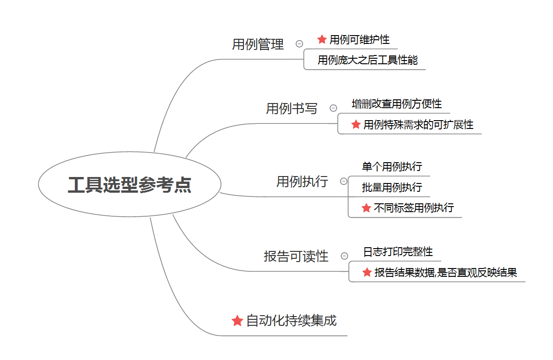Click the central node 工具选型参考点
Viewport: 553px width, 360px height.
[129, 185]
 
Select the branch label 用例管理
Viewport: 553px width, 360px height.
[258, 44]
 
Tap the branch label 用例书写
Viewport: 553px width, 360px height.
[292, 109]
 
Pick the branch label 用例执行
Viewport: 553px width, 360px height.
[302, 181]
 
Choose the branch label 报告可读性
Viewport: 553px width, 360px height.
[296, 256]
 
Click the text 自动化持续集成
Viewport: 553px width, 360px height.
[292, 320]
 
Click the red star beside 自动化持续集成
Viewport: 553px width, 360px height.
[237, 321]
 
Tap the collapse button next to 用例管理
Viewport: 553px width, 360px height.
[299, 44]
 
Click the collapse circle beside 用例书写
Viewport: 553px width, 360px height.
[334, 108]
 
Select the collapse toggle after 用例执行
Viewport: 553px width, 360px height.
[344, 181]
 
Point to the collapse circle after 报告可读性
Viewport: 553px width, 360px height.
[344, 256]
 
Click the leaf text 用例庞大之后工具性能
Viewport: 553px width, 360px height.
[368, 60]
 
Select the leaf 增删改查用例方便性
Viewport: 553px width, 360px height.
[396, 104]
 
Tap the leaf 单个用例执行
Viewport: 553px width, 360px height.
[392, 166]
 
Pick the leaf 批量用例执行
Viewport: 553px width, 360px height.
[392, 187]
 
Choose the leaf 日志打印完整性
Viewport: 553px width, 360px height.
[398, 252]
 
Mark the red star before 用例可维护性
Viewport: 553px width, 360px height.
[322, 40]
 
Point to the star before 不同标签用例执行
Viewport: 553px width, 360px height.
[366, 208]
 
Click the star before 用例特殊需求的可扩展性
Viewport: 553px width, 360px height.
[356, 124]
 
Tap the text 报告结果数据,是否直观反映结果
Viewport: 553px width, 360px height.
[445, 273]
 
